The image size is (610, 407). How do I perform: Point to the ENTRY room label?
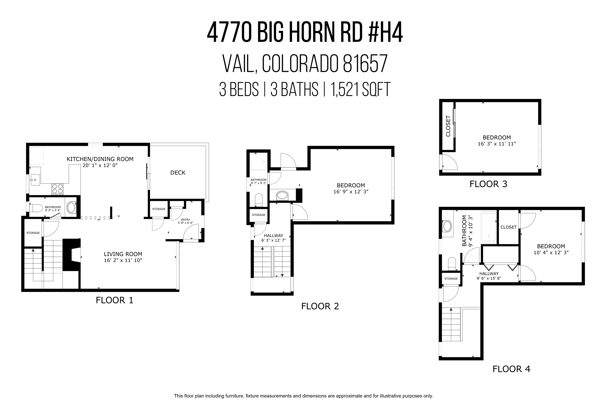(185, 220)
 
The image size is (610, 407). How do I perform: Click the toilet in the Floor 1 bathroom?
(36, 208)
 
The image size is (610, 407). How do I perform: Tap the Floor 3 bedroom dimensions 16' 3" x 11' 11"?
(497, 144)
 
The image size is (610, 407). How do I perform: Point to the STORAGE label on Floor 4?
(451, 279)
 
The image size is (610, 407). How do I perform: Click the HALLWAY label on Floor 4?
(489, 274)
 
